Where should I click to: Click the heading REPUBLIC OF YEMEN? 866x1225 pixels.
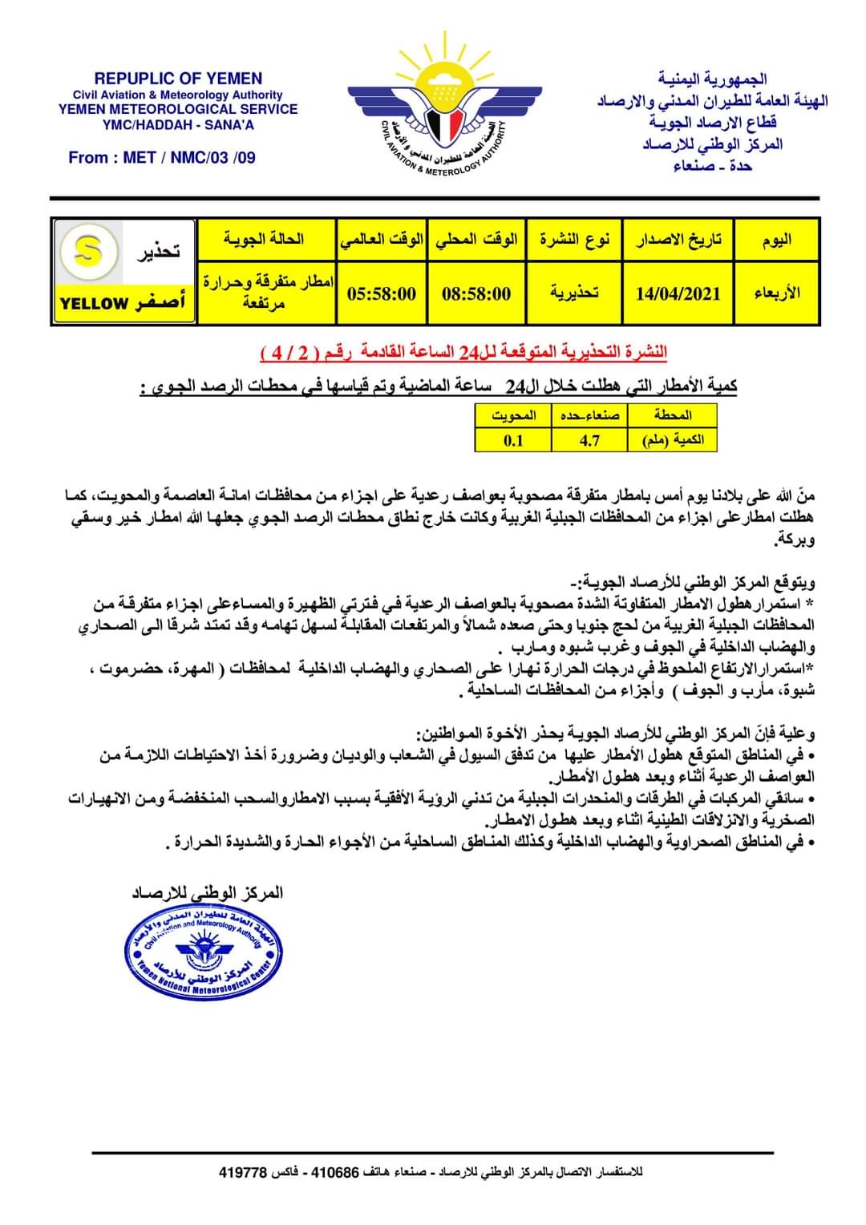click(178, 79)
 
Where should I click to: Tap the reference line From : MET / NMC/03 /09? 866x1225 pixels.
click(162, 157)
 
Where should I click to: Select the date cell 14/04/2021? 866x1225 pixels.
click(678, 293)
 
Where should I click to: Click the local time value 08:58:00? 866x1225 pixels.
click(476, 293)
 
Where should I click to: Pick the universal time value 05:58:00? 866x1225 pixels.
click(382, 293)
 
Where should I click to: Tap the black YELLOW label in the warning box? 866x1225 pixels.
click(95, 304)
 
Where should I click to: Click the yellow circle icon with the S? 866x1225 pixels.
click(88, 252)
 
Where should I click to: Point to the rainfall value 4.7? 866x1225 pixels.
click(590, 439)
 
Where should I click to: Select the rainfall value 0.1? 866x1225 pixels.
click(513, 439)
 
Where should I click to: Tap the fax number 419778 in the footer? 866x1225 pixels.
click(242, 1172)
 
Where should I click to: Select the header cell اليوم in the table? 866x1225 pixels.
click(776, 239)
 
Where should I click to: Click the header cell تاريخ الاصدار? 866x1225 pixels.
click(678, 239)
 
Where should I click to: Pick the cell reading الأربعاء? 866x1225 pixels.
click(776, 293)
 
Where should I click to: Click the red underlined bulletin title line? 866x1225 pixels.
click(464, 353)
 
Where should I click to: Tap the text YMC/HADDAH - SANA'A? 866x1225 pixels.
click(178, 124)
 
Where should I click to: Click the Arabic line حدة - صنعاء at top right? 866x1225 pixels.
click(713, 166)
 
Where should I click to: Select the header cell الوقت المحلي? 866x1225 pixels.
click(476, 239)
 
